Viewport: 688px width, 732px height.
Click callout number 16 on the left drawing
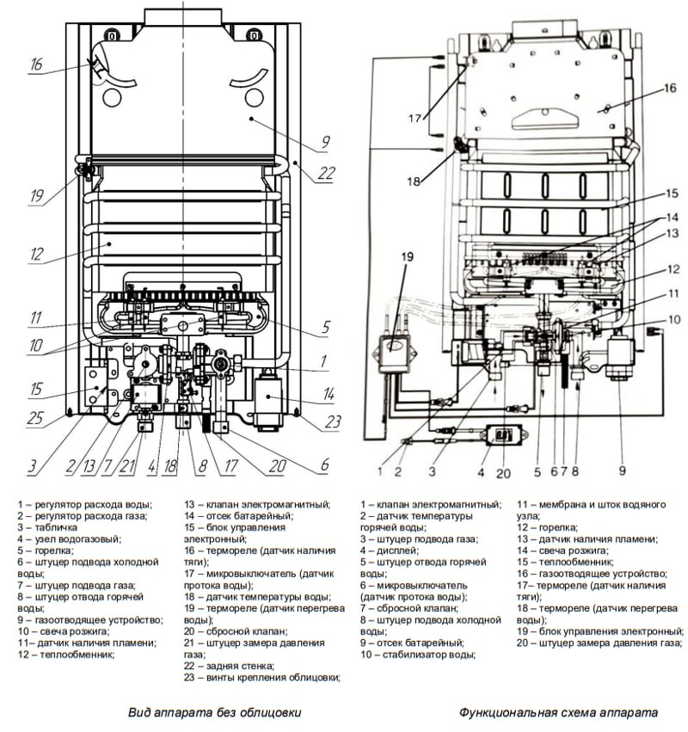[x=35, y=65]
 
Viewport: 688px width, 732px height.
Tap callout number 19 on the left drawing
[x=35, y=196]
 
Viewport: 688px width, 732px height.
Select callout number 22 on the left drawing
[x=325, y=172]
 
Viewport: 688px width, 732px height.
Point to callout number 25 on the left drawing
[x=35, y=419]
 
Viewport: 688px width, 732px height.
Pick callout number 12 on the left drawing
[x=35, y=255]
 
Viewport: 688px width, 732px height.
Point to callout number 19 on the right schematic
[x=408, y=256]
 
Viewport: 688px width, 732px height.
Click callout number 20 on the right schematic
[x=502, y=472]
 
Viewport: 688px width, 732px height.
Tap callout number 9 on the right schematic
[x=622, y=471]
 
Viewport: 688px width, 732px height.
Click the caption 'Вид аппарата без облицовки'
[x=215, y=712]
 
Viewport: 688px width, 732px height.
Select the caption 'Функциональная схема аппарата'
[x=558, y=712]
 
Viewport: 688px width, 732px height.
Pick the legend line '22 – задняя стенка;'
[x=229, y=665]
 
